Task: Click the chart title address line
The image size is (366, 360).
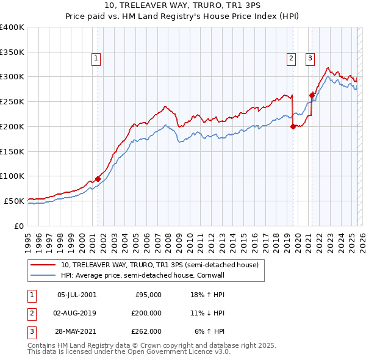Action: tap(183, 7)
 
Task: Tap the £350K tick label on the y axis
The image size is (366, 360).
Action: tap(13, 52)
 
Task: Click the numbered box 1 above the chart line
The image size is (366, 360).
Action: tap(97, 59)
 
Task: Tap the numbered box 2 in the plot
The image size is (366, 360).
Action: tap(292, 59)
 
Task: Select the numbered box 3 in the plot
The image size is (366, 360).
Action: tap(310, 59)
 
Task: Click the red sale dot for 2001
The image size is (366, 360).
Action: tap(98, 178)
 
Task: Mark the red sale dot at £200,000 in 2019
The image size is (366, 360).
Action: tap(293, 126)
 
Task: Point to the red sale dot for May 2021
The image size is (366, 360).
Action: tap(312, 95)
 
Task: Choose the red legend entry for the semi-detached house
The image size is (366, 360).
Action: tap(160, 265)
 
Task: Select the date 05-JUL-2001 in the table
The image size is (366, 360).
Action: tap(77, 295)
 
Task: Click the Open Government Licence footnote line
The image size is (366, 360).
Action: tap(129, 353)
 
